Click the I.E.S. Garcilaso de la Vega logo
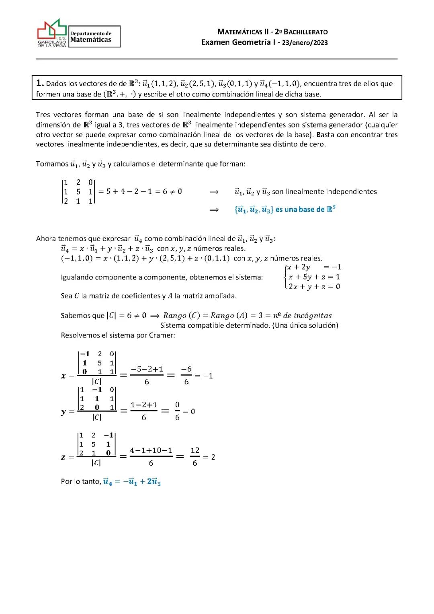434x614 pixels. tap(52, 33)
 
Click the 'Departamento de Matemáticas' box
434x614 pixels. tap(94, 37)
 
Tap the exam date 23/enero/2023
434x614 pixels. tap(305, 43)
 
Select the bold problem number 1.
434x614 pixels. tap(40, 83)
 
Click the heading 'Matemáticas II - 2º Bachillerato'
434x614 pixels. tap(272, 32)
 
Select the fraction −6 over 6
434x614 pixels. tap(186, 375)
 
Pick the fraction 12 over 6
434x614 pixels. tap(195, 456)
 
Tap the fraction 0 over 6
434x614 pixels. tap(177, 411)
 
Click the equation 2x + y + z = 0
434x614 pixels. tap(314, 287)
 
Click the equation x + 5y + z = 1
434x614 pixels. tap(314, 277)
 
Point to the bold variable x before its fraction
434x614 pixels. tap(63, 376)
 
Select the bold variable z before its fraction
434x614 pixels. tap(63, 457)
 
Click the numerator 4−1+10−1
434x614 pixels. tap(151, 450)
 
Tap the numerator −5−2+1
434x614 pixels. tap(147, 369)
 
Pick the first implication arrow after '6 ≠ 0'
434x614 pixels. tap(214, 192)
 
